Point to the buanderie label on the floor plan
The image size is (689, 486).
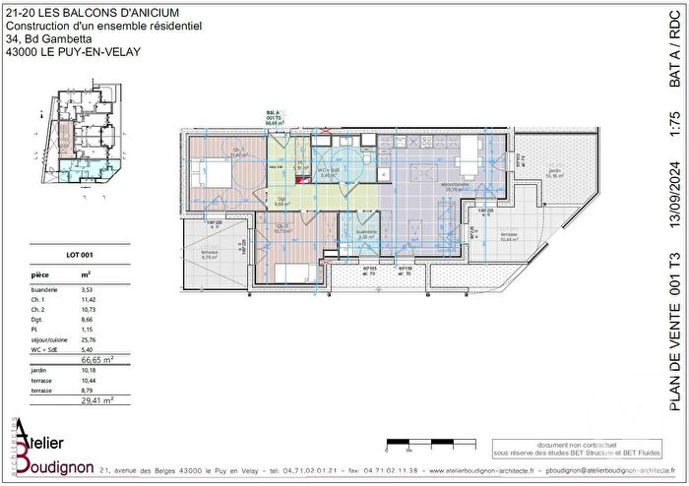tap(367, 235)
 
